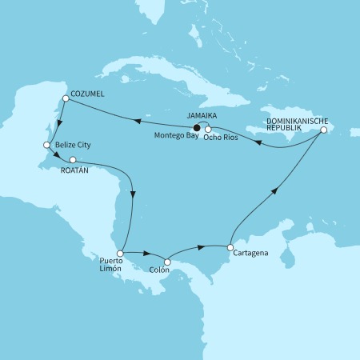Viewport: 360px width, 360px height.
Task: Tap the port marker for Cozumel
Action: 65,98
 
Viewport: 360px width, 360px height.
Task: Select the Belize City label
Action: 72,146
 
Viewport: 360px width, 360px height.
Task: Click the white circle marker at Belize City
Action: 46,146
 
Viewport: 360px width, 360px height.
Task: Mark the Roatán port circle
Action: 73,159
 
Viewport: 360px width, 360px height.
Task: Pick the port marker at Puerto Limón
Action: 119,253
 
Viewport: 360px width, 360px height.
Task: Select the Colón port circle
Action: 167,262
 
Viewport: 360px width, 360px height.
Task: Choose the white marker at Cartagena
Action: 230,248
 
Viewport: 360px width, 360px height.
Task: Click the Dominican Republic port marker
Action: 323,130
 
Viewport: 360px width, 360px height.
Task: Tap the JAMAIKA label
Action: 202,115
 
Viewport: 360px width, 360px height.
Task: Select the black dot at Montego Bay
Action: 198,126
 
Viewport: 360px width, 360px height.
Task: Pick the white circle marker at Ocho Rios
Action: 208,129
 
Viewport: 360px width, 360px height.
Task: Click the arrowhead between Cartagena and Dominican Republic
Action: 274,190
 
